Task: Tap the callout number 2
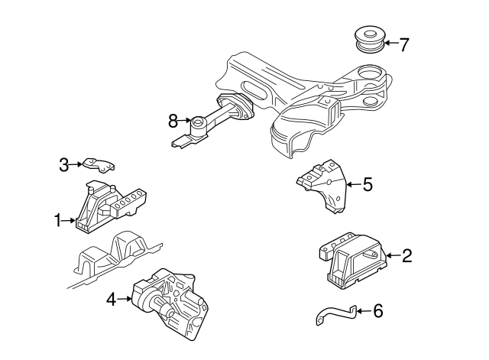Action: pyautogui.click(x=406, y=256)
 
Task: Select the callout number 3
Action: pyautogui.click(x=64, y=163)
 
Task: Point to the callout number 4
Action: pyautogui.click(x=111, y=300)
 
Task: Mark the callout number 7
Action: pyautogui.click(x=404, y=44)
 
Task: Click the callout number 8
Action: pyautogui.click(x=173, y=120)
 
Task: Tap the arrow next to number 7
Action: pyautogui.click(x=390, y=43)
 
